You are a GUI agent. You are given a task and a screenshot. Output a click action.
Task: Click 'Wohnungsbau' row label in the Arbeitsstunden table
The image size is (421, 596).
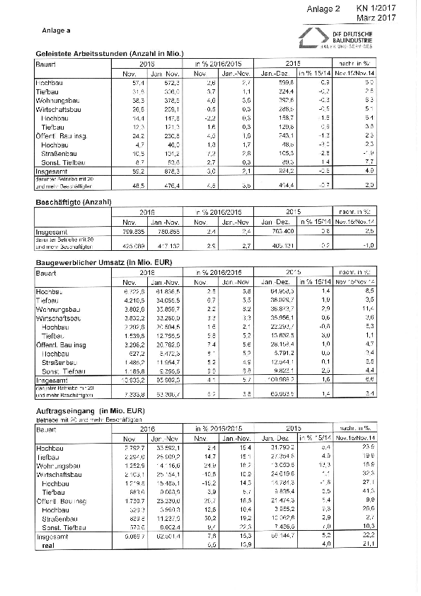[57, 101]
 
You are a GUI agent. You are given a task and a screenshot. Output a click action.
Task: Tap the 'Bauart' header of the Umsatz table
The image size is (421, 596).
[46, 273]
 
